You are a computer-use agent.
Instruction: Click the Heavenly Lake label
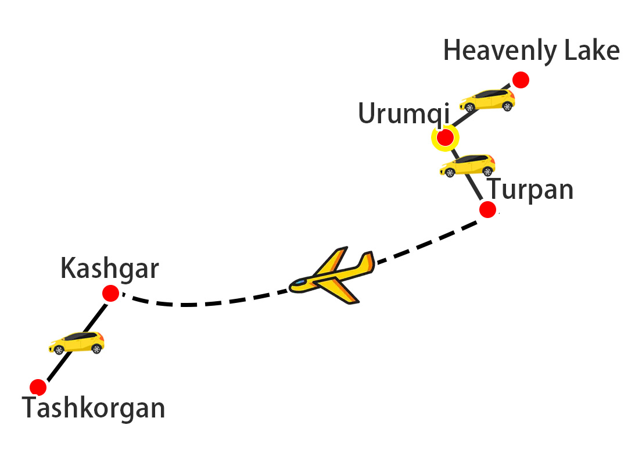[531, 51]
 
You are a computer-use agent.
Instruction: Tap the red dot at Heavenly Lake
[520, 80]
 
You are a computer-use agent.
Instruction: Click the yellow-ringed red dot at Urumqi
[445, 138]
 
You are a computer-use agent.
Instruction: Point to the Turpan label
[530, 190]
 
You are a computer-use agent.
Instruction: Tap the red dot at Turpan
[487, 210]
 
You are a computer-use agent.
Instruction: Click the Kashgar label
[109, 269]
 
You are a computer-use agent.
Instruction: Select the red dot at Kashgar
[110, 294]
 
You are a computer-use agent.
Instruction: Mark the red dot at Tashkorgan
[38, 387]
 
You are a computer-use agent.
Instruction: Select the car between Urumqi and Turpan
[467, 165]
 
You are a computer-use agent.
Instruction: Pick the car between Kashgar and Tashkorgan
[76, 342]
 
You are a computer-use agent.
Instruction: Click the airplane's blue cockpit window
[299, 283]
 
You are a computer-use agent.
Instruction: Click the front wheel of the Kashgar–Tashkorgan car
[59, 349]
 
